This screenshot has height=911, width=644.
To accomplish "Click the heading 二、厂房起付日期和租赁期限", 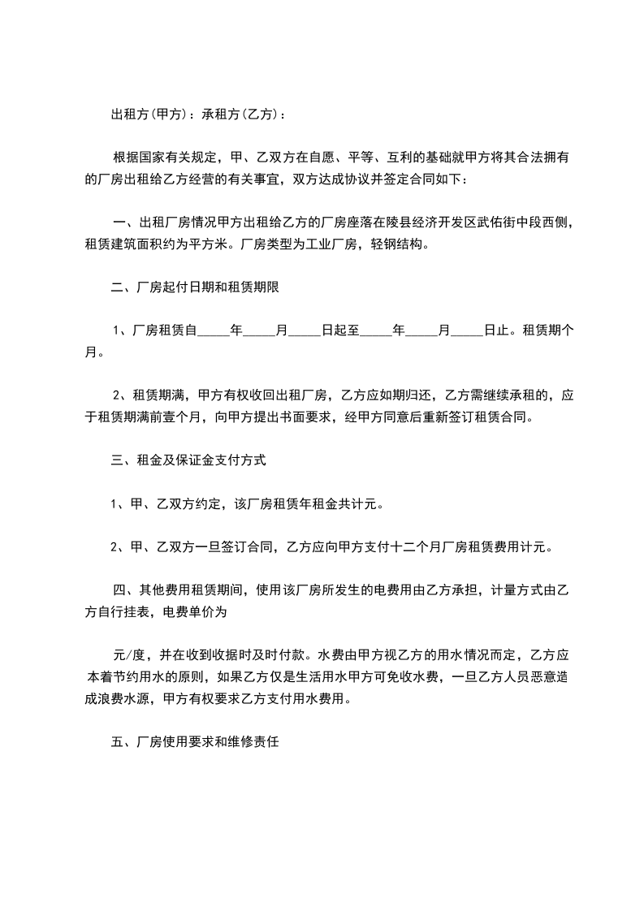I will point(195,287).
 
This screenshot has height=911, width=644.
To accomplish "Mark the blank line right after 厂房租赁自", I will point(214,330).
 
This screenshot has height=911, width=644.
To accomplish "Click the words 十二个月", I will point(413,546).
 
